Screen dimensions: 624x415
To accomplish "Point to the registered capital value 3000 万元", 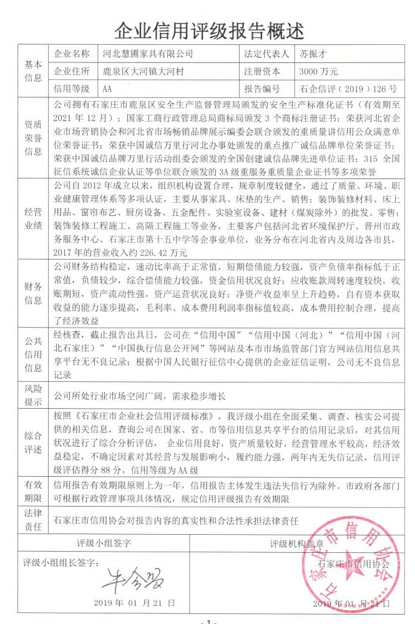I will (x=319, y=71).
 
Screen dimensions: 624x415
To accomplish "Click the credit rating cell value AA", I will (x=107, y=88).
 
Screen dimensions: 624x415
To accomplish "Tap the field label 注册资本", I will (x=262, y=71).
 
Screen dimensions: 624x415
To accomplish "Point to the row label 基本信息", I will (x=33, y=71).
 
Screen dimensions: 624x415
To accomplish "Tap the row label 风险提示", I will (x=33, y=394).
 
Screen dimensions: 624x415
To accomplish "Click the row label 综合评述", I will (x=33, y=442).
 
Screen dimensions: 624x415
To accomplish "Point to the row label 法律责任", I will (x=33, y=519).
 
